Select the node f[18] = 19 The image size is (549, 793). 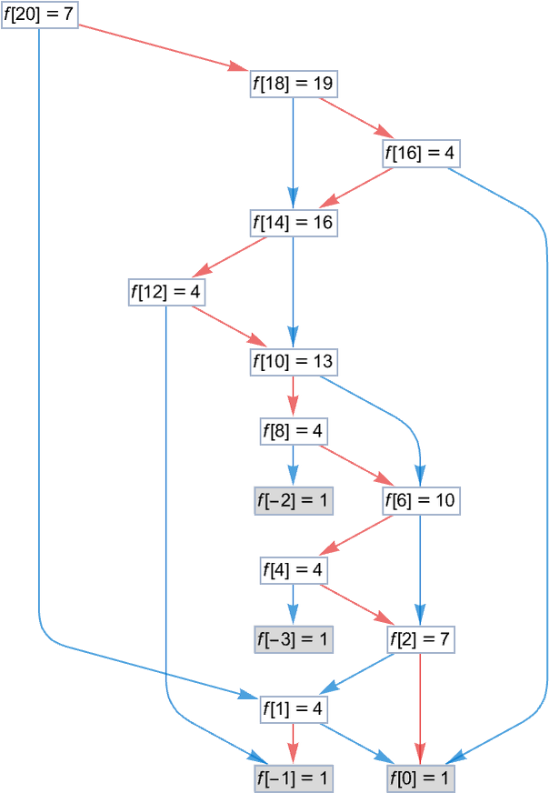(293, 84)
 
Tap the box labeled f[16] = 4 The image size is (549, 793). (419, 153)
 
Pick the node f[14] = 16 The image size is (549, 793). (293, 222)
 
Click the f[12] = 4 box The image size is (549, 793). (165, 292)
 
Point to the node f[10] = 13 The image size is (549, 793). (293, 362)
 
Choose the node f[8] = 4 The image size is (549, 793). (293, 430)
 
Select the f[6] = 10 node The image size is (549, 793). (419, 500)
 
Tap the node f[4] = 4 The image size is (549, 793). (293, 570)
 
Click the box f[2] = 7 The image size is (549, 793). (419, 639)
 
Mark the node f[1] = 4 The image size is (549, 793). (293, 708)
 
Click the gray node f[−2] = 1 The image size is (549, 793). (293, 500)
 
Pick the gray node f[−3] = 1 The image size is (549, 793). (293, 639)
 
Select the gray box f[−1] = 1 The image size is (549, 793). (293, 778)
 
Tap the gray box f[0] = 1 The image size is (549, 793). (419, 778)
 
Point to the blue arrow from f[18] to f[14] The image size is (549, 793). (293, 150)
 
